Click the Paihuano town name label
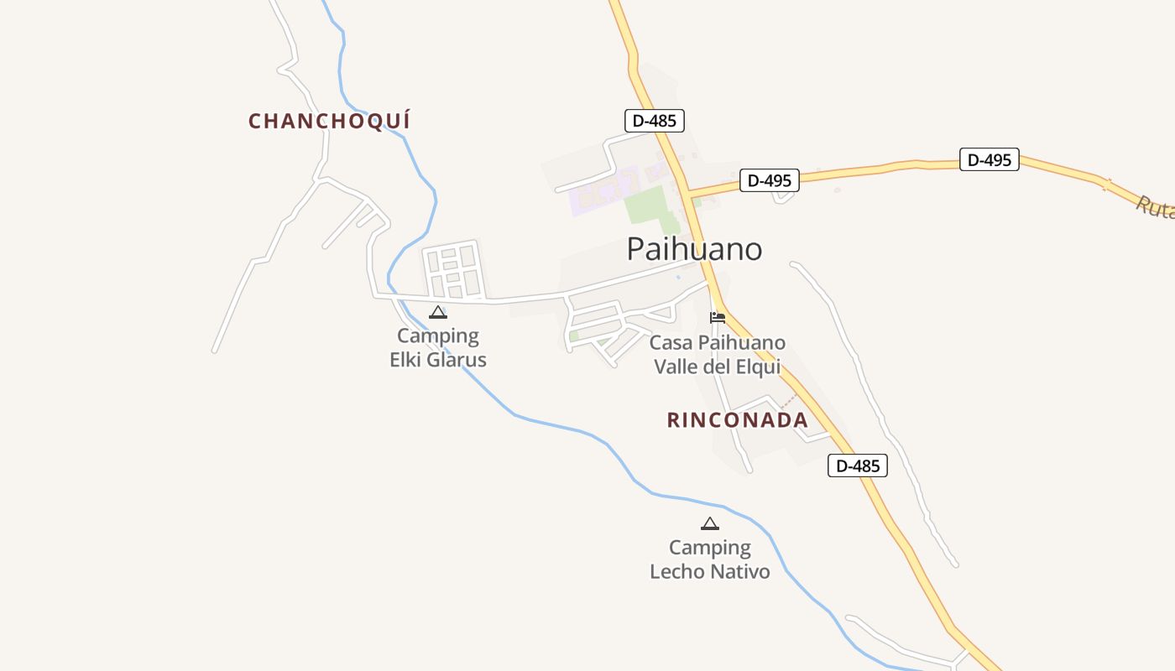click(694, 249)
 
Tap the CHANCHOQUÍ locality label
click(329, 121)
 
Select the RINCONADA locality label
click(737, 420)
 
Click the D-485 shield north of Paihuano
click(655, 121)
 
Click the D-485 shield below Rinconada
click(857, 466)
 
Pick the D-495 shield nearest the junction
click(769, 180)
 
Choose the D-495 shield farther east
click(989, 159)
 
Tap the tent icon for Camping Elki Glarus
click(437, 313)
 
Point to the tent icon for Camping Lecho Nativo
click(709, 524)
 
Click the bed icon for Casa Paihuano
click(717, 317)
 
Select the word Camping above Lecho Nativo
click(709, 548)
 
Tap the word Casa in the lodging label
click(671, 343)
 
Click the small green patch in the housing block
click(574, 336)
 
